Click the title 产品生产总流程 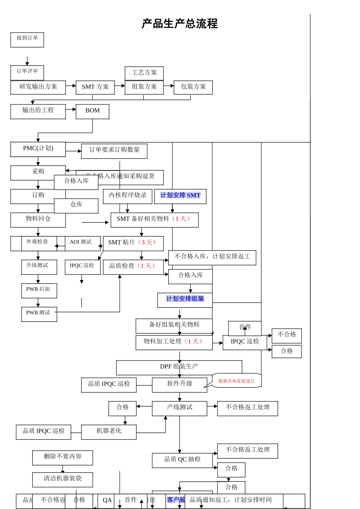pyautogui.click(x=180, y=24)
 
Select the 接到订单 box pyautogui.click(x=27, y=40)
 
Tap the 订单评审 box pyautogui.click(x=27, y=72)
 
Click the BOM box pyautogui.click(x=92, y=111)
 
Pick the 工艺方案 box pyautogui.click(x=144, y=73)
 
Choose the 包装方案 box pyautogui.click(x=193, y=87)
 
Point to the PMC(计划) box pyautogui.click(x=38, y=149)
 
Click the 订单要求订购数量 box pyautogui.click(x=114, y=151)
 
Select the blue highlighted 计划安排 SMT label pyautogui.click(x=180, y=196)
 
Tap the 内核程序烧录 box pyautogui.click(x=128, y=196)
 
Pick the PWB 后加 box pyautogui.click(x=39, y=290)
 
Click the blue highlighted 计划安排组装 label pyautogui.click(x=185, y=299)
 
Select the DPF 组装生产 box pyautogui.click(x=179, y=367)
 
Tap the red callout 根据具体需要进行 pyautogui.click(x=236, y=381)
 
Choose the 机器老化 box pyautogui.click(x=109, y=432)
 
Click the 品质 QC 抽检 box pyautogui.click(x=182, y=460)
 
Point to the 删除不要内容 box pyautogui.click(x=63, y=457)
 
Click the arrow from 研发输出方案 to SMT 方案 pyautogui.click(x=71, y=86)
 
